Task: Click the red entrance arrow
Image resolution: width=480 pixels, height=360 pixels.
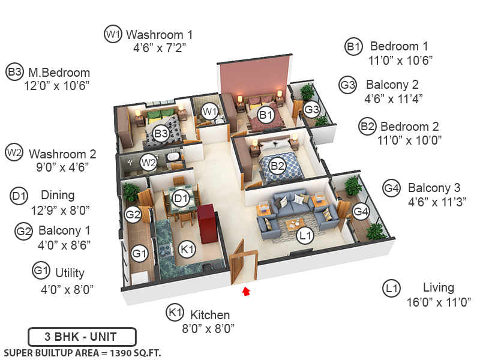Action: pos(245,292)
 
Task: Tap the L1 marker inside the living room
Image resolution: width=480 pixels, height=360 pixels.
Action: pos(305,236)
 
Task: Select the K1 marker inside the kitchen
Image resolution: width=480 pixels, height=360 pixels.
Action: pos(188,248)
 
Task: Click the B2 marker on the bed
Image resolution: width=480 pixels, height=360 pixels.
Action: pos(277,166)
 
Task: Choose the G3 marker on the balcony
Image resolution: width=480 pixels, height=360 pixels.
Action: pos(311,109)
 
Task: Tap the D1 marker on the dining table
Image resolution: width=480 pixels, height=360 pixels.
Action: pos(180,197)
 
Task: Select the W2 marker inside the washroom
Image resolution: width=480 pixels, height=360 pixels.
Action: pos(148,161)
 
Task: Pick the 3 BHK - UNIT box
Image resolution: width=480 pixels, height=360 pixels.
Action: pos(82,337)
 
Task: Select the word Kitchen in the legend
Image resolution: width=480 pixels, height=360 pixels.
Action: pos(210,315)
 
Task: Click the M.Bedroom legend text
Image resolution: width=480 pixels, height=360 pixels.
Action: pos(58,73)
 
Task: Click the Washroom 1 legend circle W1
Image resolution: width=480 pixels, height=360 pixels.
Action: pos(113,34)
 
